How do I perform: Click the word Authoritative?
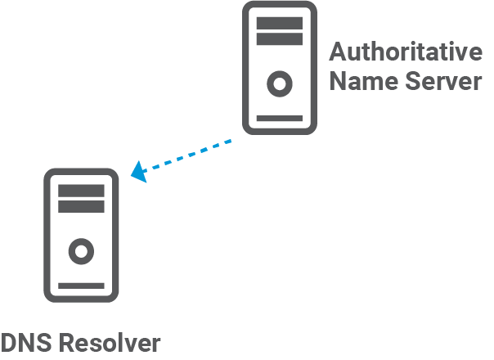[x=406, y=53]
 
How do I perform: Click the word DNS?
[x=25, y=343]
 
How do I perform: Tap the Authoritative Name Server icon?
[x=279, y=67]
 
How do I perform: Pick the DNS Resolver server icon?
[x=81, y=233]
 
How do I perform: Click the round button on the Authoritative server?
[x=279, y=83]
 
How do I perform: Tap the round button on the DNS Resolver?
[x=81, y=250]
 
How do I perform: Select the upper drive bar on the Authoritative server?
[x=279, y=21]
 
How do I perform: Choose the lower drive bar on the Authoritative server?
[x=279, y=38]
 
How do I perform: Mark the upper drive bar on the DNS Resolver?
[x=81, y=190]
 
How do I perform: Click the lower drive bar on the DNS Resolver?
[x=81, y=205]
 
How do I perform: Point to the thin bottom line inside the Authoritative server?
[x=279, y=117]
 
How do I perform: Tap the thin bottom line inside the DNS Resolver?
[x=81, y=285]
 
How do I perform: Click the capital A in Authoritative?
[x=338, y=53]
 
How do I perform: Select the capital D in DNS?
[x=8, y=343]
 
